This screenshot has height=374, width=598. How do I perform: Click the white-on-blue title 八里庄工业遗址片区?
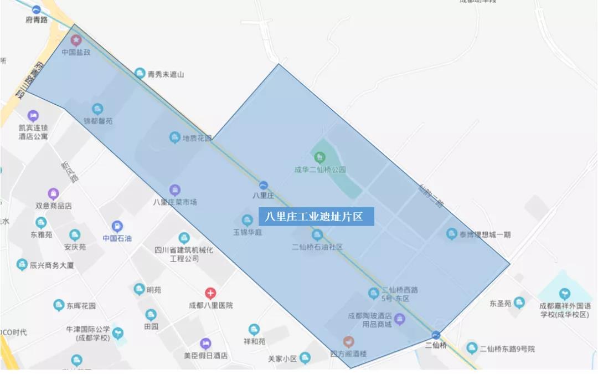coord(316,217)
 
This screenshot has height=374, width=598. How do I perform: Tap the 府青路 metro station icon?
coord(37,9)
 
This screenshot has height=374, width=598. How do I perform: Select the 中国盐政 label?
coord(76,52)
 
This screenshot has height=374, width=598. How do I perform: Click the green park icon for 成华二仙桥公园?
coord(319,157)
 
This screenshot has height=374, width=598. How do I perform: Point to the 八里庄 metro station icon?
coord(264,185)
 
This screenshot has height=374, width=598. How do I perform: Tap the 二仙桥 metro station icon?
coord(436,335)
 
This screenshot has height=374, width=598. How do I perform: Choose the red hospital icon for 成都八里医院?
coord(210,293)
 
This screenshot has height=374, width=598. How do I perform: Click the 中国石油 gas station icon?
coord(117,227)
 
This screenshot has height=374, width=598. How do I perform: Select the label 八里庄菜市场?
coord(175,202)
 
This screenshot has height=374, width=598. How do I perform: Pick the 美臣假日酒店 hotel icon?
coord(205,344)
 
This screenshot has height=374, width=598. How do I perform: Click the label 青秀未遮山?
coord(166,74)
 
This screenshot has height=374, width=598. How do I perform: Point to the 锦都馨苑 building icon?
coord(97,109)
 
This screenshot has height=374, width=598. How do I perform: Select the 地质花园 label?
coord(197,138)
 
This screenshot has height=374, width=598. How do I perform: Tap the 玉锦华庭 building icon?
coord(248,221)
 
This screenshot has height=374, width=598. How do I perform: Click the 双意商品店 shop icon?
coord(53,194)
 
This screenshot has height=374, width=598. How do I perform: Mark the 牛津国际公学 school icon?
coord(117,334)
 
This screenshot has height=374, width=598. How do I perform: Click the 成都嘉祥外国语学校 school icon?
coord(564,294)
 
